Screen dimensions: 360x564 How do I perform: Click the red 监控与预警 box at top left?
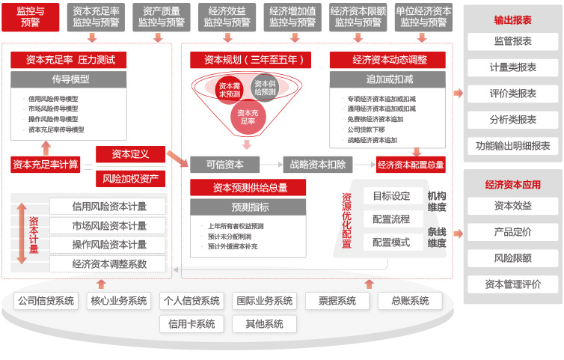(x=30, y=16)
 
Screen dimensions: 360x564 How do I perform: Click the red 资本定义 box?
(x=130, y=154)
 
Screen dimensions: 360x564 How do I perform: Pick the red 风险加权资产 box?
(x=130, y=179)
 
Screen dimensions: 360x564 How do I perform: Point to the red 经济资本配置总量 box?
(x=411, y=165)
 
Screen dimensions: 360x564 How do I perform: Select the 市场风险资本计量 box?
(x=109, y=225)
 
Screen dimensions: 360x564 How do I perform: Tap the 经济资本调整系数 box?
(x=109, y=263)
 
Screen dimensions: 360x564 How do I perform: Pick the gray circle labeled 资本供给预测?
(x=265, y=88)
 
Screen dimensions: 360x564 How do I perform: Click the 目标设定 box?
(x=391, y=196)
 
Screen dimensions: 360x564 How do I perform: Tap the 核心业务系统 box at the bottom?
(x=119, y=301)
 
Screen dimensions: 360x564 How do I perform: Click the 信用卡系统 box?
(x=191, y=324)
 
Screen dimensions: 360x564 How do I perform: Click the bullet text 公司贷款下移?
(x=366, y=129)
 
